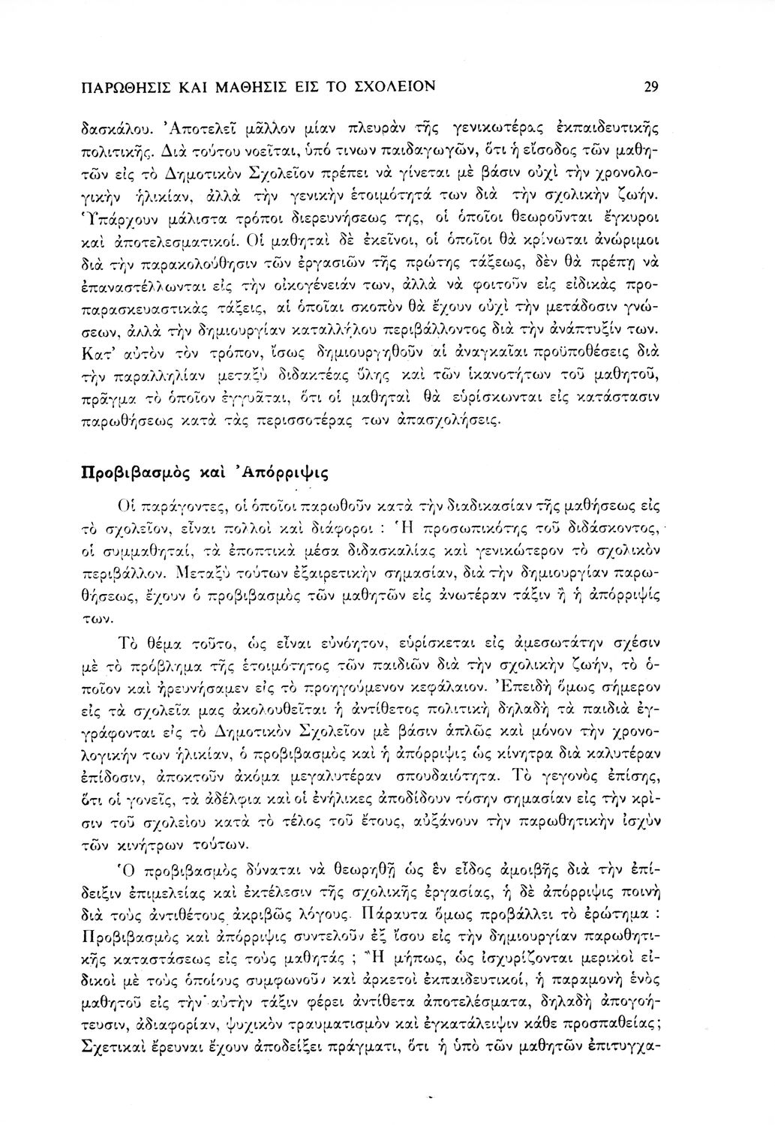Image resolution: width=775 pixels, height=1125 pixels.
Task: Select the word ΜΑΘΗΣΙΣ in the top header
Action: click(x=248, y=86)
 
